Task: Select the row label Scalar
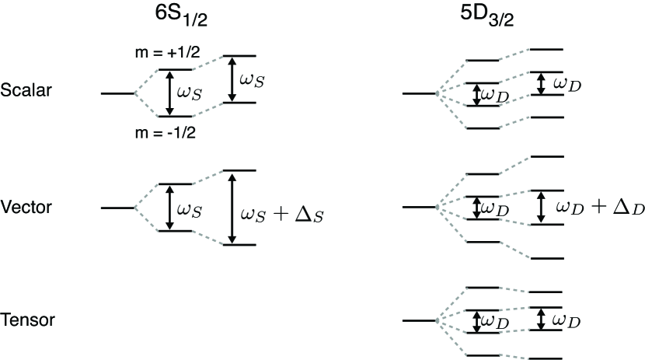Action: pos(26,89)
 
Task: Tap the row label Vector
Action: pos(26,208)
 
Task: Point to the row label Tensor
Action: pos(26,320)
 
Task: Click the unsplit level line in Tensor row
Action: pos(420,320)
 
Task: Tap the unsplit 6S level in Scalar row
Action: pos(117,93)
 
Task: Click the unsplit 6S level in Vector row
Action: pos(117,208)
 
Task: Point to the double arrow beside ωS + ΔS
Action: pos(231,208)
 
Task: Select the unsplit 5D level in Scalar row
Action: pos(420,94)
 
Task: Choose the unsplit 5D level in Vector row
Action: pos(420,208)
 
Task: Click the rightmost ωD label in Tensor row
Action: pos(567,321)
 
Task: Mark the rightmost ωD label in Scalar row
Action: pos(567,83)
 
